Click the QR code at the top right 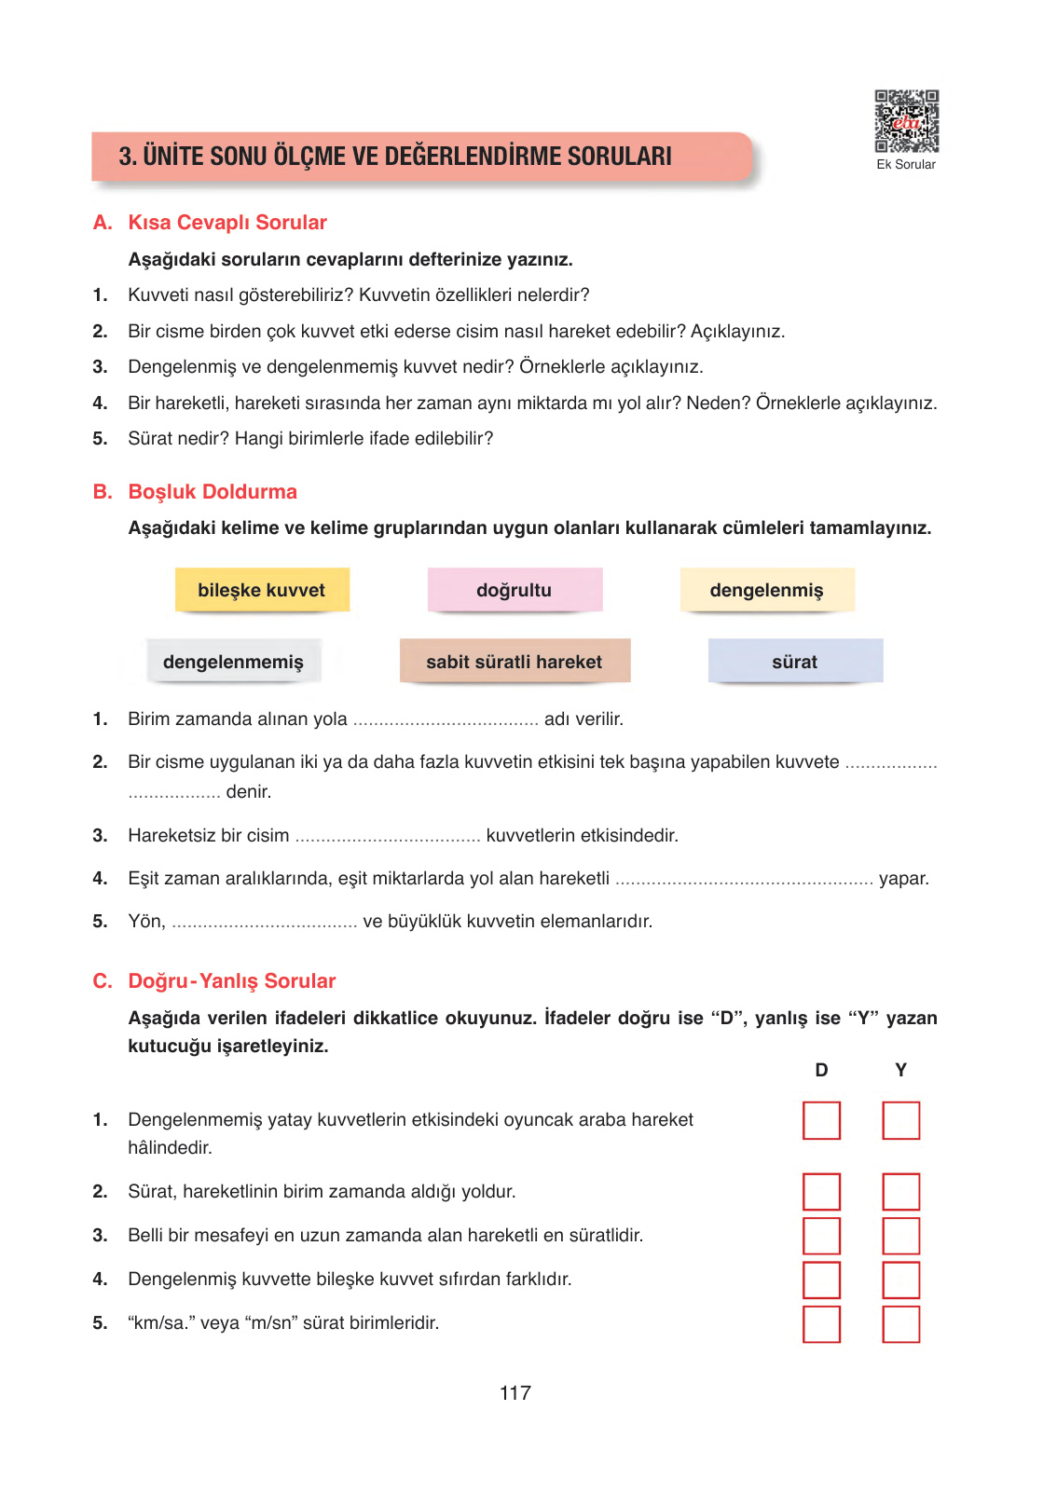906,121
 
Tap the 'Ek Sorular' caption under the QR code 906,165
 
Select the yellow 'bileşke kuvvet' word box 262,590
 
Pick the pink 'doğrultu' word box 515,590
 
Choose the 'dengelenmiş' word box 766,590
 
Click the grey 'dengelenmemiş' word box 233,662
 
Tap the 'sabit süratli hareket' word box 515,662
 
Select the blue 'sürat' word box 795,662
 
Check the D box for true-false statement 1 821,1120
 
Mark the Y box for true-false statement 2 900,1192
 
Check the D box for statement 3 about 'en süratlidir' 821,1236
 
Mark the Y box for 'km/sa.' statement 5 900,1323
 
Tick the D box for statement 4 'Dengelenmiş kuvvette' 821,1280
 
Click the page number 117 515,1393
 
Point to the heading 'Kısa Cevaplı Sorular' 227,223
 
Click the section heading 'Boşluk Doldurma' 213,492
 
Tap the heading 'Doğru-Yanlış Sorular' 232,981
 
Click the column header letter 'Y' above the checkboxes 900,1070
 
